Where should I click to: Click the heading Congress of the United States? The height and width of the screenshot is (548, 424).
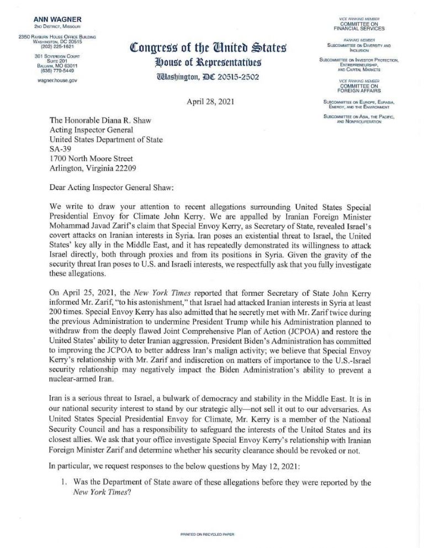point(197,47)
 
